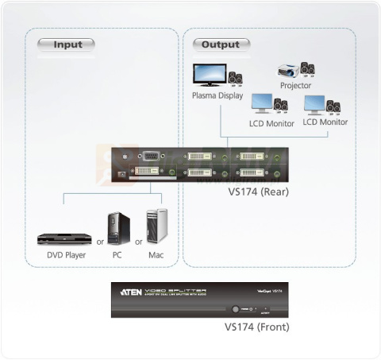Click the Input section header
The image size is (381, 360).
[x=67, y=45]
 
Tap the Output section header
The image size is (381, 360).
[x=220, y=45]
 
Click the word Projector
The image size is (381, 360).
[x=295, y=85]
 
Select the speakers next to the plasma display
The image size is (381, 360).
[x=236, y=79]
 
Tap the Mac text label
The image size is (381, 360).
[x=156, y=256]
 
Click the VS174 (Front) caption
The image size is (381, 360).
[x=256, y=327]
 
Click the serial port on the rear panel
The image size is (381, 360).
[x=151, y=157]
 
